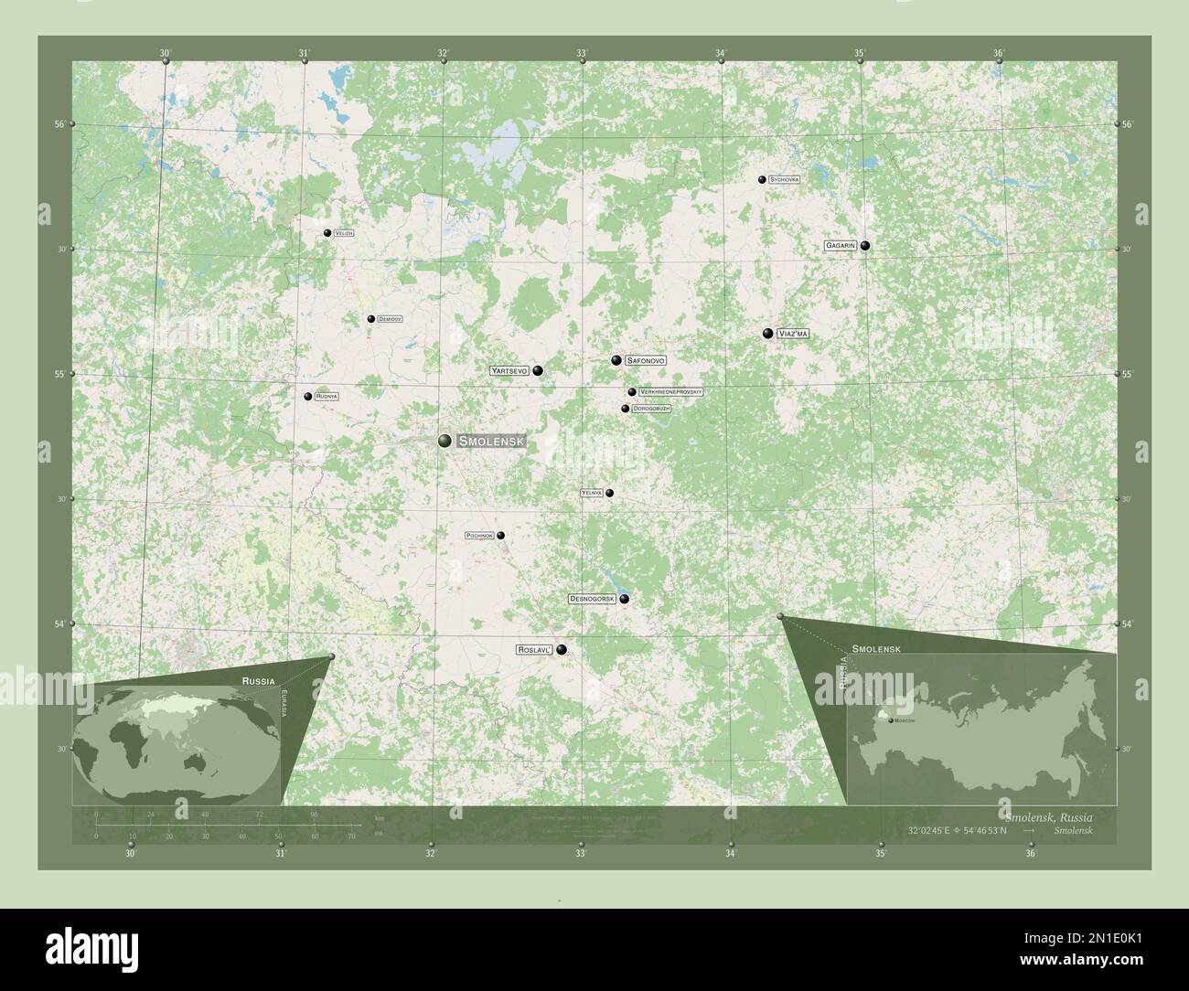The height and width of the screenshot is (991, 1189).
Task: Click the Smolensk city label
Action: (491, 441)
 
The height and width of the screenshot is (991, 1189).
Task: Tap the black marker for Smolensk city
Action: (445, 441)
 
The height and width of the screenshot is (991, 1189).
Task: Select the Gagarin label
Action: (841, 246)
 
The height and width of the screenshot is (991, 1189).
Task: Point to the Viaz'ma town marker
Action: (768, 334)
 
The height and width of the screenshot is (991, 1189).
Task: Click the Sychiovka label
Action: (785, 180)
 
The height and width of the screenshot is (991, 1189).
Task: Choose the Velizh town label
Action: (344, 233)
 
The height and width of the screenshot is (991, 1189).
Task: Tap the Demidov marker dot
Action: (371, 319)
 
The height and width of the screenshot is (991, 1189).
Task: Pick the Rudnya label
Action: (327, 397)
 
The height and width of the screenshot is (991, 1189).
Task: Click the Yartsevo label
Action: (510, 371)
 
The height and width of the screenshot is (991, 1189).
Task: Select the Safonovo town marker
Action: (616, 360)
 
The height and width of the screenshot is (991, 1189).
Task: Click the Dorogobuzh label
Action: (651, 409)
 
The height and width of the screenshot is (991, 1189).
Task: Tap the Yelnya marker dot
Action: (610, 494)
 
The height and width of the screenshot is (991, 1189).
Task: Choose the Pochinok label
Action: (480, 536)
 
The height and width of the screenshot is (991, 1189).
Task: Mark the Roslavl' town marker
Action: (562, 650)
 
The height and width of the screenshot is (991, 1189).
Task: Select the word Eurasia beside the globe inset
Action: (284, 703)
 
